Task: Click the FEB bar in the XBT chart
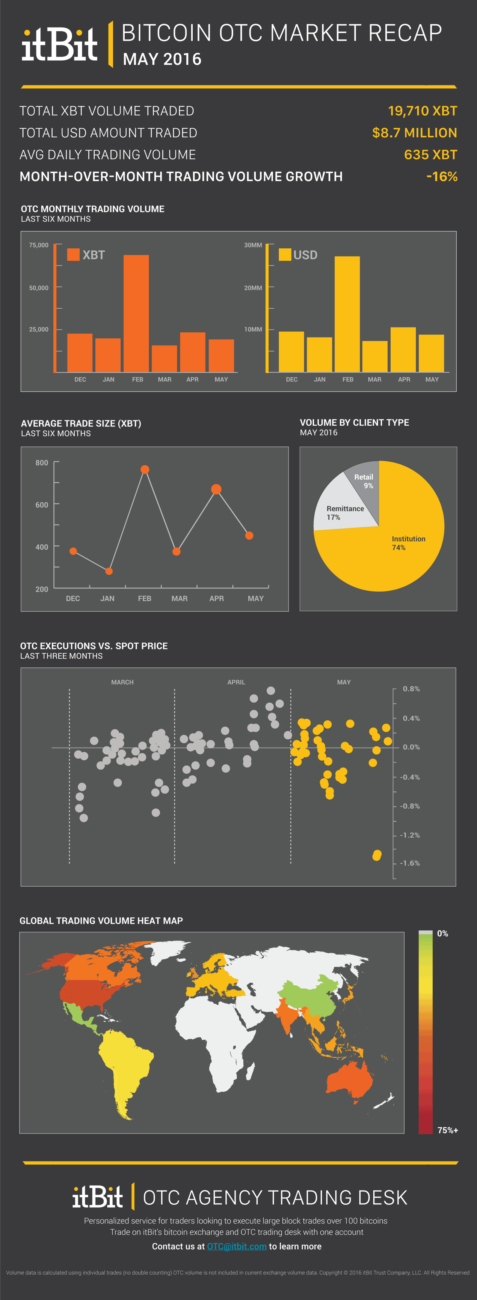tap(136, 313)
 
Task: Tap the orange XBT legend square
tap(73, 254)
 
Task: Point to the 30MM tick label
tap(253, 245)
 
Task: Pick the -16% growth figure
tap(442, 177)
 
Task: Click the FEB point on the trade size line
tap(145, 469)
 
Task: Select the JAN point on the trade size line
tap(109, 571)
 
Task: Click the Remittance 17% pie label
tap(345, 512)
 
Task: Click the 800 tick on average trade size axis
tap(42, 463)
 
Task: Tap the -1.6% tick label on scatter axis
tap(409, 863)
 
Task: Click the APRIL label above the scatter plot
tap(236, 682)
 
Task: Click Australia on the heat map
tap(348, 1079)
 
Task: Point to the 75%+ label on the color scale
tap(447, 1130)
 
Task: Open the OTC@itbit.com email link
tap(237, 1246)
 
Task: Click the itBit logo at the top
tap(59, 44)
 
